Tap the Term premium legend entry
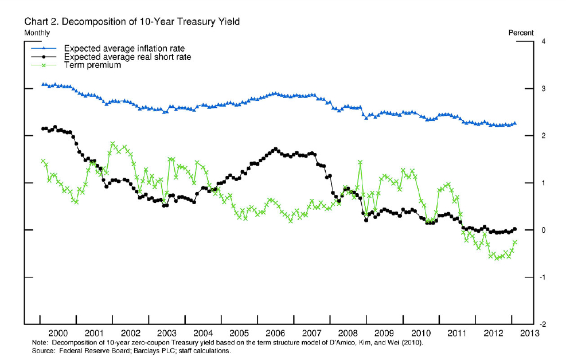[92, 65]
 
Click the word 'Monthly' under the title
[37, 33]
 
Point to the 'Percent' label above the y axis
[521, 33]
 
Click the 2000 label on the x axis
[58, 332]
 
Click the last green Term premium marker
[515, 242]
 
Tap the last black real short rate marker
[514, 229]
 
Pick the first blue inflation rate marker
[43, 84]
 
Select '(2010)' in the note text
[411, 342]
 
